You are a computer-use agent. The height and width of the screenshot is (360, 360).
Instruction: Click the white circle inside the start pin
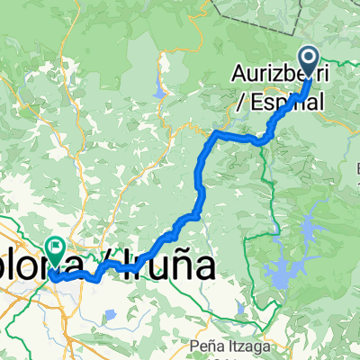coord(310,58)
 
